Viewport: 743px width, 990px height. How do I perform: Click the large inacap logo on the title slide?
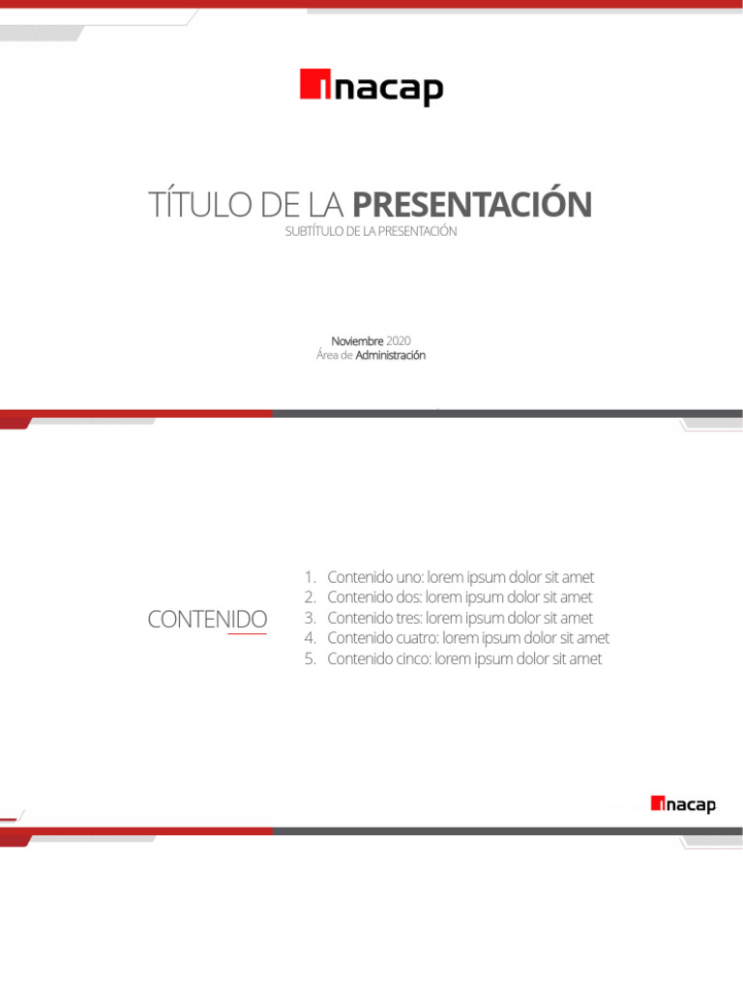tap(371, 88)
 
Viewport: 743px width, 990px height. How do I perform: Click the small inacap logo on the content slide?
tap(683, 804)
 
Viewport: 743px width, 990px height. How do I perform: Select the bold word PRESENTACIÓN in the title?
tap(472, 205)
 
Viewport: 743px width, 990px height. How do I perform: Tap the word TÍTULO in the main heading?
tap(194, 205)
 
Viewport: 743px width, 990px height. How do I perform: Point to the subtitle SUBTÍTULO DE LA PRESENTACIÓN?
tap(371, 232)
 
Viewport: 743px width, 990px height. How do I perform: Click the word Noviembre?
tap(357, 340)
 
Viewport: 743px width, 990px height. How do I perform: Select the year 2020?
tap(399, 340)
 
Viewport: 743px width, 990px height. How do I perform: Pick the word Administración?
tap(391, 356)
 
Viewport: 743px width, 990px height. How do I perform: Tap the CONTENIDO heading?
tap(207, 619)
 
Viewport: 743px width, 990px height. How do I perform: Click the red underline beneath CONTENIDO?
tap(247, 634)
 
